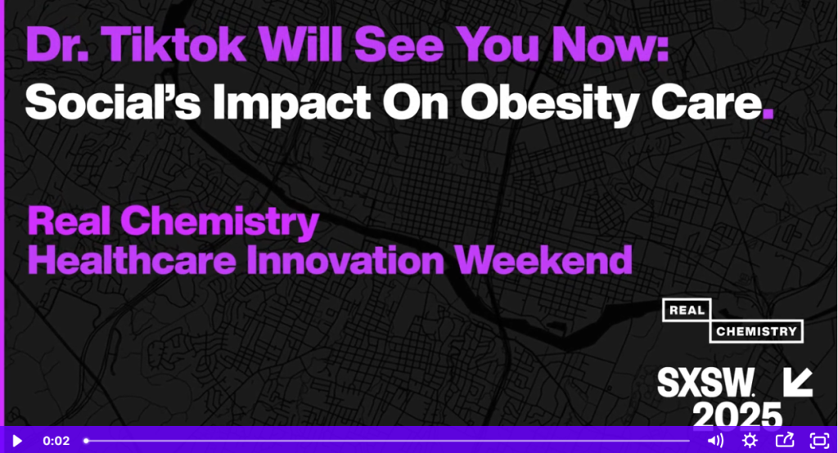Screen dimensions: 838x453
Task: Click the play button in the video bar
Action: point(17,441)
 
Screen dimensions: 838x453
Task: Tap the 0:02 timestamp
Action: point(56,441)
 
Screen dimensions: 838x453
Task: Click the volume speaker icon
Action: point(715,440)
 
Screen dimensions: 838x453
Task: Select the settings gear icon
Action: point(750,440)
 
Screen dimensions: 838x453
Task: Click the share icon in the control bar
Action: point(785,440)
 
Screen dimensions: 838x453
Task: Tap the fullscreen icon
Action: point(819,440)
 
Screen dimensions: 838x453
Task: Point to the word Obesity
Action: point(549,104)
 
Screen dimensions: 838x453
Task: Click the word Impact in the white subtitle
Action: point(291,104)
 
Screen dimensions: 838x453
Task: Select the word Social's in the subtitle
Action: point(113,102)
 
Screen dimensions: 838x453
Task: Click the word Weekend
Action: point(543,260)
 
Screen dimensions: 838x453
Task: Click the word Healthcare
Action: point(132,260)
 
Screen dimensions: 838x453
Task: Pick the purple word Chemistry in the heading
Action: point(219,222)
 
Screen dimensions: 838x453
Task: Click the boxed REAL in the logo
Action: point(687,311)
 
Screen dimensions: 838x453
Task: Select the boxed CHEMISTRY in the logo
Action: point(756,332)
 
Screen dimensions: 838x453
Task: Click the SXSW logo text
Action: point(706,383)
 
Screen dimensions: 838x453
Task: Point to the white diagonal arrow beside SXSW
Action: point(798,382)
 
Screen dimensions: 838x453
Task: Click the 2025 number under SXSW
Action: point(737,415)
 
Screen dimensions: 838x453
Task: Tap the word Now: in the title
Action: point(610,44)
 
